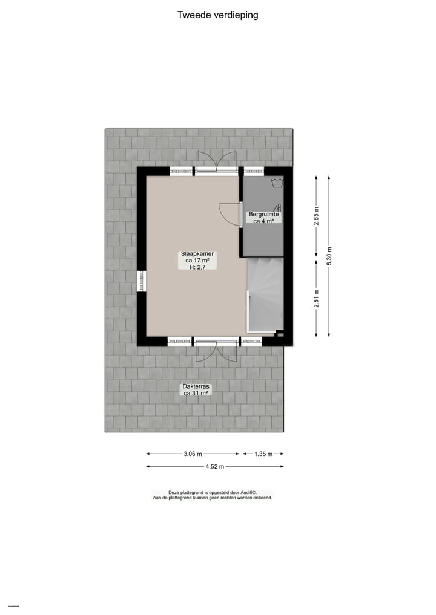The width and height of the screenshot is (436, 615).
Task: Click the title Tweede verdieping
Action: coord(217,15)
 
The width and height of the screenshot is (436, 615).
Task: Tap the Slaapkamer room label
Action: coord(196,254)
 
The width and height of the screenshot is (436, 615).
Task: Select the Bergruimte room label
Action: coord(263,214)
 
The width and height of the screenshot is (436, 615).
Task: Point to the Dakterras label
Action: coord(196,386)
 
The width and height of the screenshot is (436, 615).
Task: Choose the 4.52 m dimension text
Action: coord(214,466)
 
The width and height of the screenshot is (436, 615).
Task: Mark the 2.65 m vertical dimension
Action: coord(316,216)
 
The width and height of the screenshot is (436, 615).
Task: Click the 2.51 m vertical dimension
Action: coord(316,298)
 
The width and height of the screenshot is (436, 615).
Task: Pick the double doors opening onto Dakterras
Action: coord(216,350)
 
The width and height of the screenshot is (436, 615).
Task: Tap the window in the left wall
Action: coord(142,281)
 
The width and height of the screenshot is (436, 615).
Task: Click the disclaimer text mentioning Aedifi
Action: coord(213,495)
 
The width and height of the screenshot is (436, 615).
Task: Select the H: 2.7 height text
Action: coord(196,267)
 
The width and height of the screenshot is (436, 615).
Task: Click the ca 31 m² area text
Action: coord(196,393)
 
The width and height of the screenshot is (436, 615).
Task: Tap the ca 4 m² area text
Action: coord(263,221)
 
